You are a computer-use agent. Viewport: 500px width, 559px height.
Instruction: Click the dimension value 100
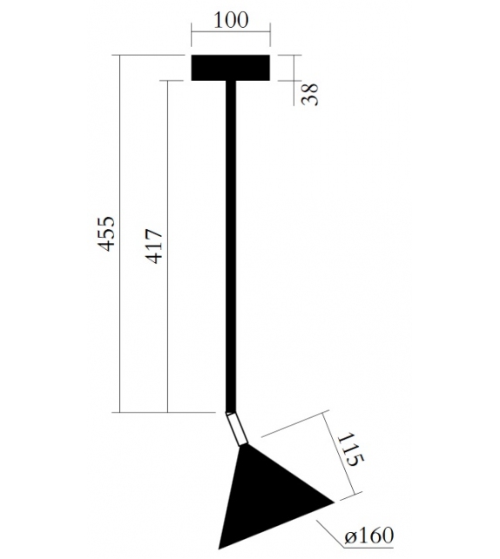(230, 20)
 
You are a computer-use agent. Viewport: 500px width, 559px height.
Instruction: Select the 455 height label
(105, 233)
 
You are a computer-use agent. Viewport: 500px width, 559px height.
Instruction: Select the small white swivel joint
(235, 429)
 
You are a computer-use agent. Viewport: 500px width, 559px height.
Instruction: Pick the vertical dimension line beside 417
(166, 246)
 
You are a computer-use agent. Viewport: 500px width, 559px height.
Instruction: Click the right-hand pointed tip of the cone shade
(334, 500)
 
